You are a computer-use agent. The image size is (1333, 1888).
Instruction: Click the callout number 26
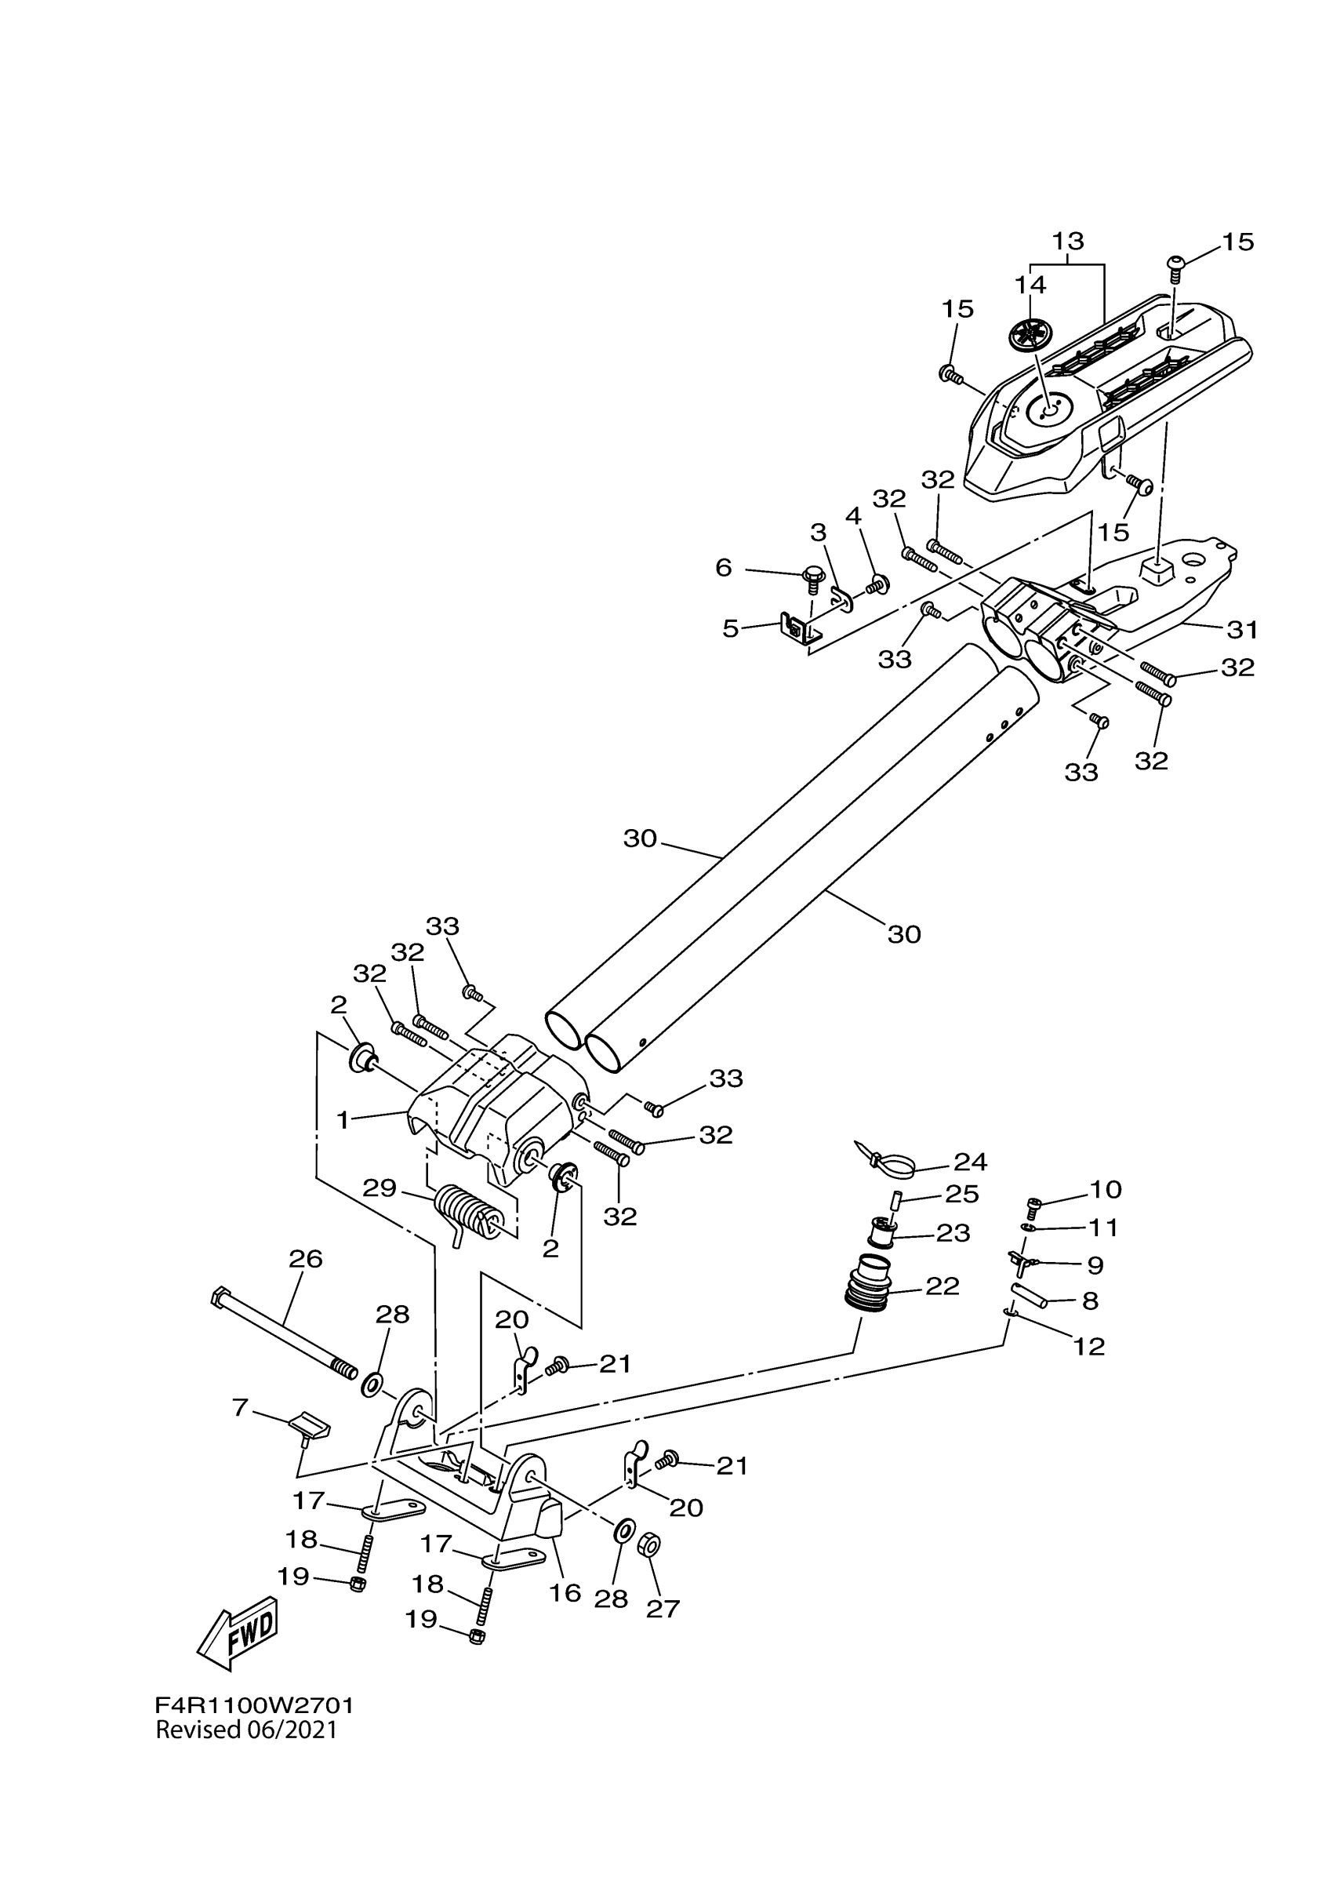(305, 1259)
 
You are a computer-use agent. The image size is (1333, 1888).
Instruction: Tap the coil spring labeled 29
(469, 1212)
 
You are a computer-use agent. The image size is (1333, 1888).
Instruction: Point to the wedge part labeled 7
(310, 1428)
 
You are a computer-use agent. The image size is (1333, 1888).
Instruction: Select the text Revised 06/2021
(246, 1730)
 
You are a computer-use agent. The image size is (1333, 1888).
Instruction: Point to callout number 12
(1089, 1346)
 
